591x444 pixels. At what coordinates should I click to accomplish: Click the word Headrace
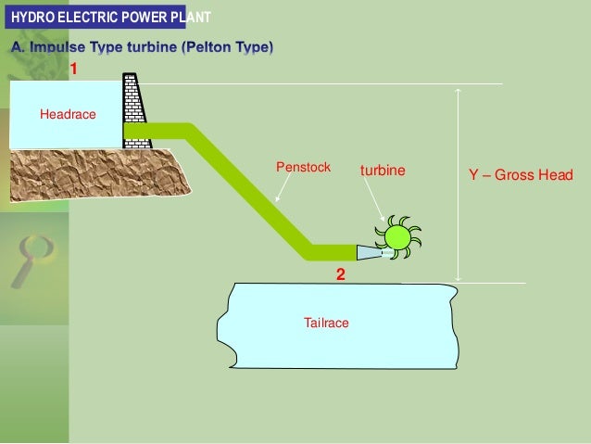point(68,114)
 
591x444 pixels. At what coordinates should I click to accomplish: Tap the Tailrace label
point(326,323)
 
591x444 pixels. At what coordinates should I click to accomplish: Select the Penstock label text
point(303,167)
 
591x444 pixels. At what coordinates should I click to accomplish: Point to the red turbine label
point(383,171)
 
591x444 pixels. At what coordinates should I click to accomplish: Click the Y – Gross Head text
point(521,174)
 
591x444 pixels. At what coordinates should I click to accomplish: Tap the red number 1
point(73,69)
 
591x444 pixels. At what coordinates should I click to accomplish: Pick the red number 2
point(340,274)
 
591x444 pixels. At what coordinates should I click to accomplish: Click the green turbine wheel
point(398,237)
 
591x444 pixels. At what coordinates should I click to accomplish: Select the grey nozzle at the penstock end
point(371,253)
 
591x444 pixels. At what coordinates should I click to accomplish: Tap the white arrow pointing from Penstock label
point(283,187)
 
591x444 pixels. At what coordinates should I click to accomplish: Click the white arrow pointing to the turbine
point(374,199)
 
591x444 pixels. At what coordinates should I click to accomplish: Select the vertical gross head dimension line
point(458,184)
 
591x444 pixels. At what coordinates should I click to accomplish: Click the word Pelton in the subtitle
point(207,47)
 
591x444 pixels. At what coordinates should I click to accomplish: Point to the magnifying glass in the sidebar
point(34,261)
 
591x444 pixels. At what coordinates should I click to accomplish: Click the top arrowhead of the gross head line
point(458,91)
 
